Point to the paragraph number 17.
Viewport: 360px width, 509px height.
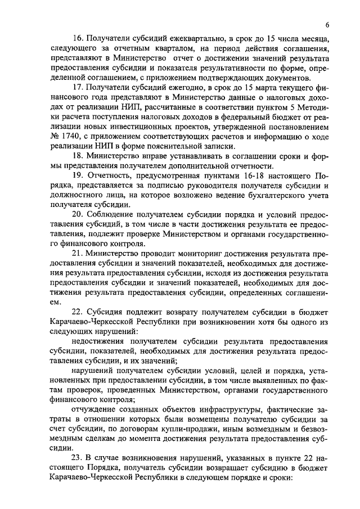point(79,89)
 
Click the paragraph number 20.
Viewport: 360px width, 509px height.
point(79,217)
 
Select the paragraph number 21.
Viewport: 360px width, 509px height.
point(79,252)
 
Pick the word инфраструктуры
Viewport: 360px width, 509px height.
point(231,409)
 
